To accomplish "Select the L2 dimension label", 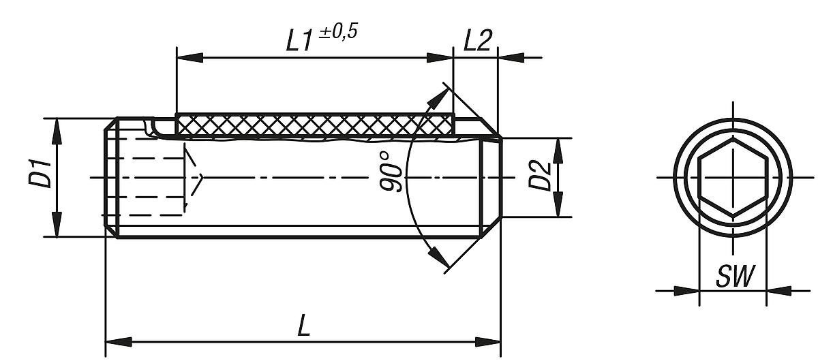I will pyautogui.click(x=477, y=41).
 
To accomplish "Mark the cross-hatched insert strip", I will pyautogui.click(x=314, y=125).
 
